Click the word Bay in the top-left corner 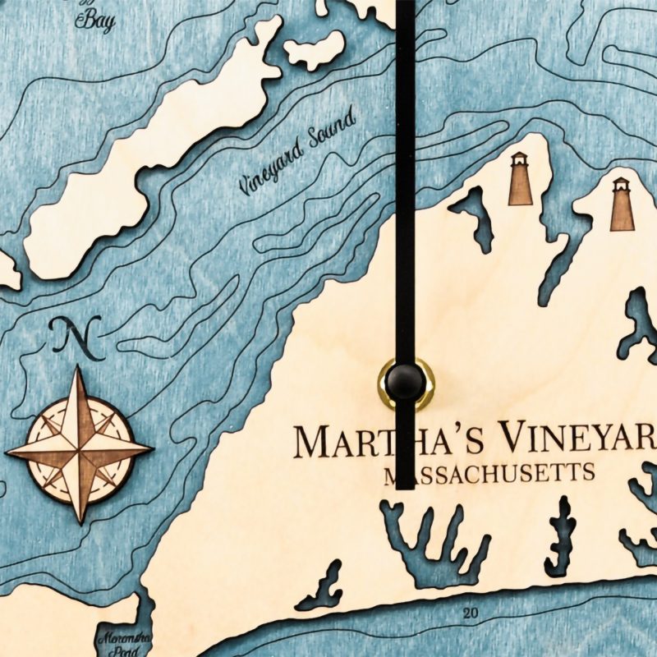pyautogui.click(x=95, y=22)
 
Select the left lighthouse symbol pyautogui.click(x=520, y=179)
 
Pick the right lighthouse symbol pyautogui.click(x=622, y=204)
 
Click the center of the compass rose pyautogui.click(x=80, y=448)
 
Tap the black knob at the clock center pyautogui.click(x=405, y=382)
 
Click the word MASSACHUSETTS pyautogui.click(x=490, y=475)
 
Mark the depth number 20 pyautogui.click(x=470, y=613)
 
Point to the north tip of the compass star pyautogui.click(x=80, y=370)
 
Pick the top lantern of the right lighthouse pyautogui.click(x=621, y=183)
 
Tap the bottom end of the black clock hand pyautogui.click(x=405, y=486)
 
